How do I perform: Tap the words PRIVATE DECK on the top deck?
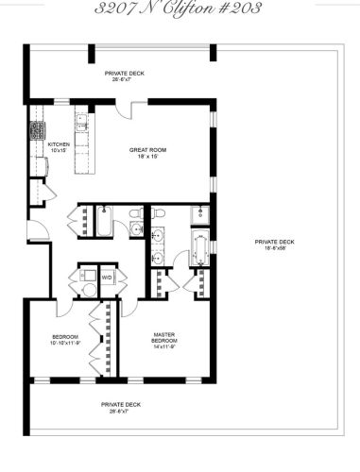click(x=123, y=72)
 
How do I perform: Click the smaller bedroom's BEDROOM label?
click(x=65, y=337)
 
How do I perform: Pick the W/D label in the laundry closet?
click(x=107, y=278)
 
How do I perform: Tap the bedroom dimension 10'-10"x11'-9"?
click(x=65, y=344)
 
